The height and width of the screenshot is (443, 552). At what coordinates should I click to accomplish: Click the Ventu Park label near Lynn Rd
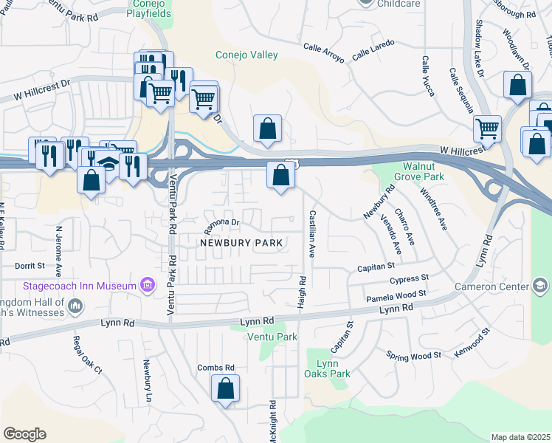coord(272,337)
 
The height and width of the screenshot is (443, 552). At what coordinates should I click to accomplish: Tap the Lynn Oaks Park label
coord(328,368)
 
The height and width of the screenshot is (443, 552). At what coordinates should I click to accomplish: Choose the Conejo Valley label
coord(246,55)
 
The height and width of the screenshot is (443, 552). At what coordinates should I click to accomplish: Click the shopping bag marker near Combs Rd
coord(225,388)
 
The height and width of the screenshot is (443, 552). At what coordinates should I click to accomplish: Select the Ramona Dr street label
coord(222,222)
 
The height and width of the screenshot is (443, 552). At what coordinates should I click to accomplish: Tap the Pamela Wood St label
coord(397,296)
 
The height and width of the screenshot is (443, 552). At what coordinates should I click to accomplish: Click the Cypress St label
coord(410,279)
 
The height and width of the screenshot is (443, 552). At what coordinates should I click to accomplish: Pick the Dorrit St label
coord(30,265)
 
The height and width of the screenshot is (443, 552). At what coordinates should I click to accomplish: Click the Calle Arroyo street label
coord(324,52)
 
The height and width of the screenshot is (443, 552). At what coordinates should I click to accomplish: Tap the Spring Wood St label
coord(413,355)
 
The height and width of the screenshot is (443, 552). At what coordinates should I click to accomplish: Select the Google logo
coord(24,434)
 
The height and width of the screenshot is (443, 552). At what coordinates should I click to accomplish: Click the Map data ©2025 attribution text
coord(520,437)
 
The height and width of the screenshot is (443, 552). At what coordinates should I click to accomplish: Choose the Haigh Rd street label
coord(302,293)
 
